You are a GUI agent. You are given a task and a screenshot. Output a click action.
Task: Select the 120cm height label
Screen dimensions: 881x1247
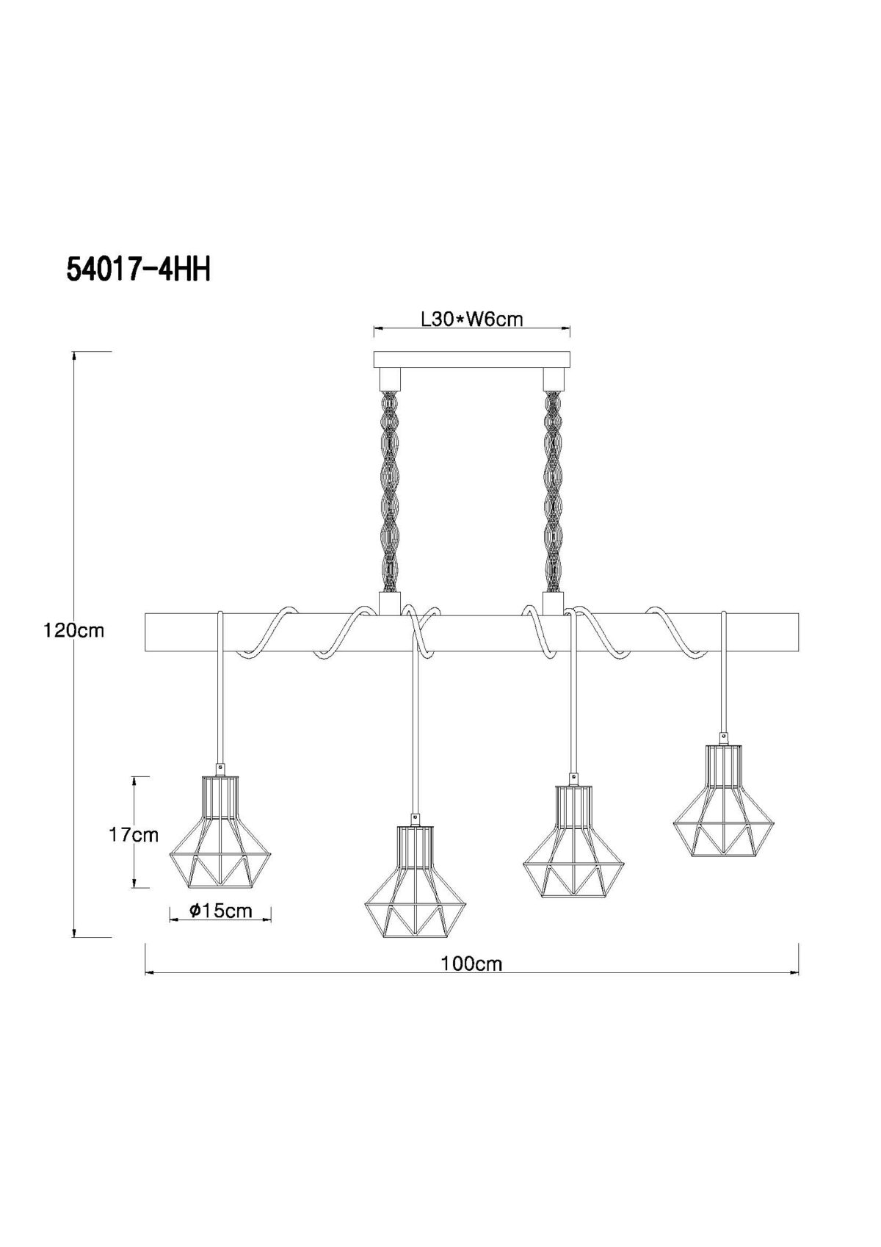(x=75, y=632)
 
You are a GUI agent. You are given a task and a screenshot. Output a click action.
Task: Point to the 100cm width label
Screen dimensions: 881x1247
(x=472, y=964)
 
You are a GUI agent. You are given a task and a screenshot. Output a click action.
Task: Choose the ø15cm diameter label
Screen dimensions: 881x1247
(x=220, y=911)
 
